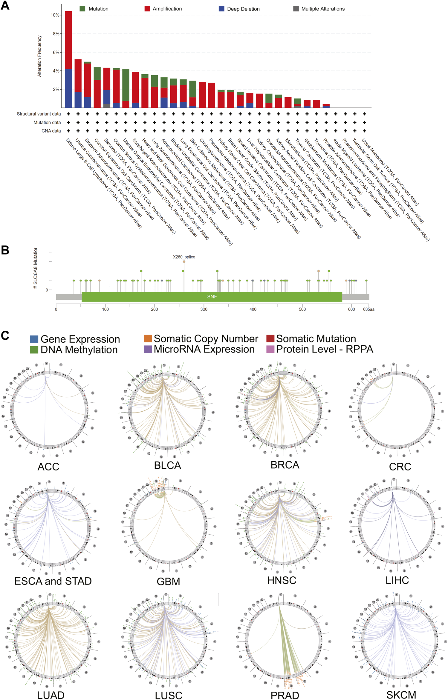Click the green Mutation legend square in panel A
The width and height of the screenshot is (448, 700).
coord(82,9)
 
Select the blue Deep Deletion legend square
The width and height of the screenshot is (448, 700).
coord(221,9)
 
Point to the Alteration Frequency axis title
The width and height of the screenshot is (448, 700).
coord(39,56)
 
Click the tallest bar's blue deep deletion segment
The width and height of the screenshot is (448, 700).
coord(68,88)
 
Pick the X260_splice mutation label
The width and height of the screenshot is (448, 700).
coord(184,257)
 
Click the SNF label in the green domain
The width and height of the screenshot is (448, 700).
coord(212,296)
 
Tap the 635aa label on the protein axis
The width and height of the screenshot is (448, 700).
coord(369,309)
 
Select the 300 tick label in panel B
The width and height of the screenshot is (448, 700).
coord(204,309)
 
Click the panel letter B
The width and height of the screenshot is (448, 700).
coord(5,250)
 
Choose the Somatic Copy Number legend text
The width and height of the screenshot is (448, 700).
coord(206,339)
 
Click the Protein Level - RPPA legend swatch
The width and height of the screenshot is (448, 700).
coord(270,349)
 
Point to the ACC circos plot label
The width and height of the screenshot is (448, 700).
coord(48,467)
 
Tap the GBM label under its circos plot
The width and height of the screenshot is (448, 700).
coord(168,581)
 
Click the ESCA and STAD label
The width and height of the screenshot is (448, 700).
coord(53,581)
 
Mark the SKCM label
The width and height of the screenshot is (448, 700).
coord(401,695)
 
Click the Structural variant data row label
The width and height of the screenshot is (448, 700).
coord(39,114)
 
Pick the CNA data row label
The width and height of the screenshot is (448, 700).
coord(51,131)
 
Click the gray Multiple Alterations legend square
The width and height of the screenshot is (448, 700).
coord(296,9)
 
